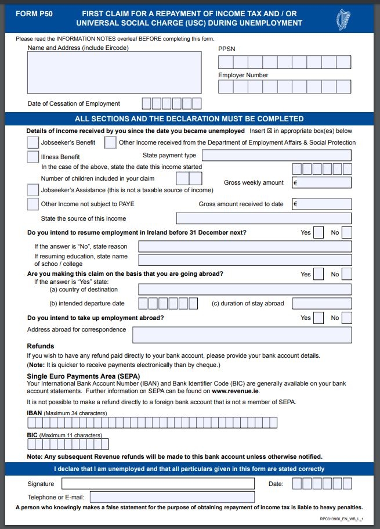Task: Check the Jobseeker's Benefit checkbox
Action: pos(33,142)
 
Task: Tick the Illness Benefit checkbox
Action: pos(33,156)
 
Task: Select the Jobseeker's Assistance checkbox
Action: pos(33,189)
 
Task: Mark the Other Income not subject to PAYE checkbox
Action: pos(33,204)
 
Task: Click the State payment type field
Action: pos(276,155)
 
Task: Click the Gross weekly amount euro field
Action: pos(322,182)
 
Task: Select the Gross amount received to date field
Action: pos(322,204)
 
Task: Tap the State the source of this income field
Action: pos(263,218)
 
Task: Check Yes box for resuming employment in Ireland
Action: pos(319,233)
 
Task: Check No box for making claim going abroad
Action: pos(347,274)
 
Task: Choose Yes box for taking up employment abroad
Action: pos(319,318)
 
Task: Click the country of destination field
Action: pos(244,289)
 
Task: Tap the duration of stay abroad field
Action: pos(322,303)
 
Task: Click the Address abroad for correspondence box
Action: pos(242,334)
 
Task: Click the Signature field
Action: pos(158,484)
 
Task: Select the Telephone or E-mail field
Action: pos(172,497)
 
